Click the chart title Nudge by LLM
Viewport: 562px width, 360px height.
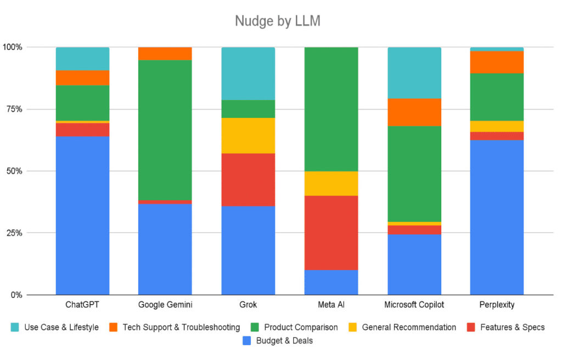point(277,21)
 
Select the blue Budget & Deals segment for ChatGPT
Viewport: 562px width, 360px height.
point(82,215)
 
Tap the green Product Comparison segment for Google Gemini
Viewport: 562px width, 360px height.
point(165,130)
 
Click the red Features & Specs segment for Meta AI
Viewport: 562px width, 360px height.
point(331,232)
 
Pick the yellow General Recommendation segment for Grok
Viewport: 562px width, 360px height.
point(248,136)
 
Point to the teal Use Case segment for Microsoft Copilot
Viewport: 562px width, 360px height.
point(414,72)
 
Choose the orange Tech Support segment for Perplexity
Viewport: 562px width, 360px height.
point(497,62)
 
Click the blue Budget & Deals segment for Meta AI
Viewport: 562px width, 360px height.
point(331,282)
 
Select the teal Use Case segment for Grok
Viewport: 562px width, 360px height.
point(248,74)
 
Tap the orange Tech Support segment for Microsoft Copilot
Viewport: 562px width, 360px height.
point(414,112)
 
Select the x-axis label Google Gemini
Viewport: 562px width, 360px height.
point(165,305)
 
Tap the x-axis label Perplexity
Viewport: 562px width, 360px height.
point(497,305)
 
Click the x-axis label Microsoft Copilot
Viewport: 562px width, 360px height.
point(414,305)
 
